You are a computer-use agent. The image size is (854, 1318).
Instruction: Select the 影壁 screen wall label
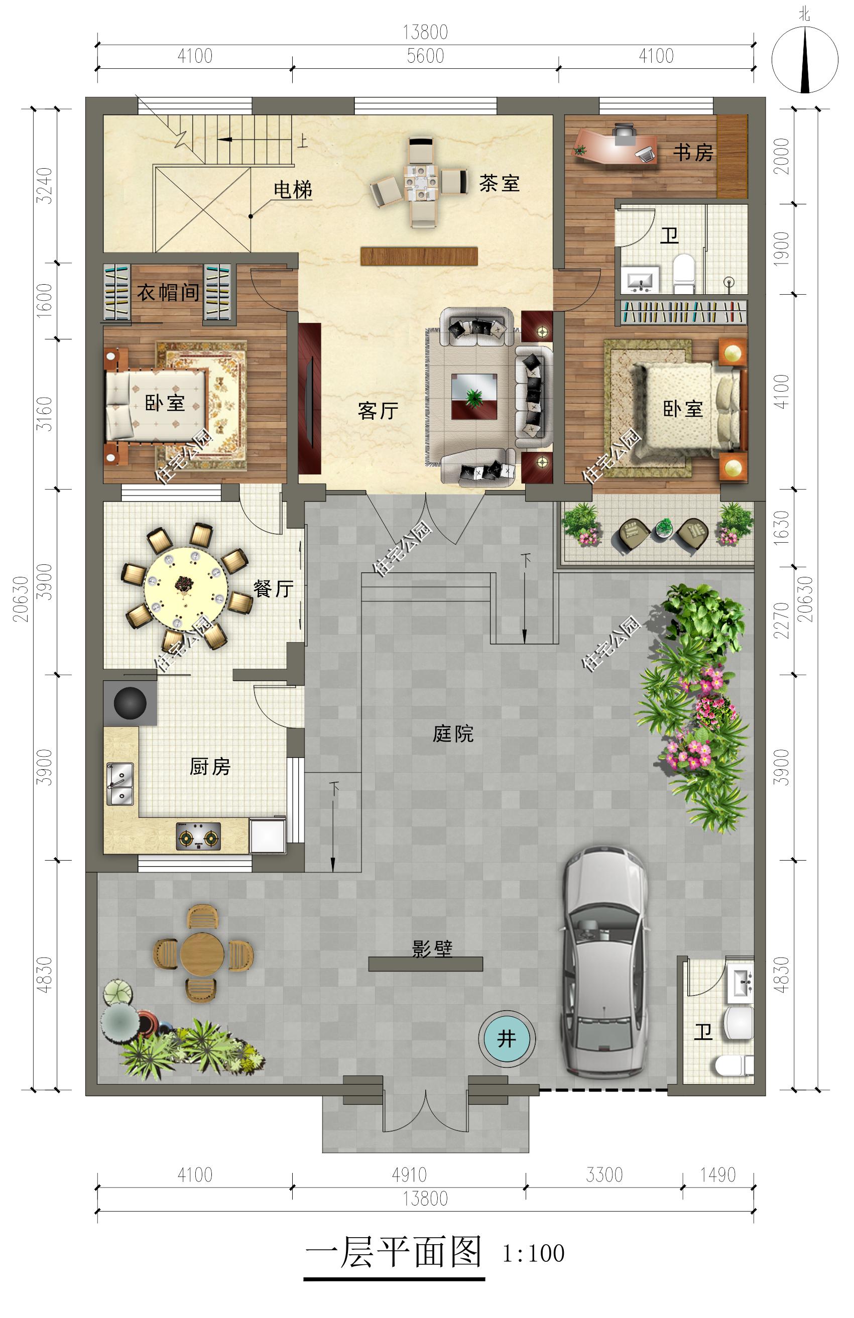(432, 948)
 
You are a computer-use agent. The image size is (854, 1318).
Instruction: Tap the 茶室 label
(500, 183)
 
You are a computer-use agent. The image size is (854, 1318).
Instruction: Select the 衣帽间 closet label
(168, 292)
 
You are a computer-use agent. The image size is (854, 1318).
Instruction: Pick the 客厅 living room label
(378, 411)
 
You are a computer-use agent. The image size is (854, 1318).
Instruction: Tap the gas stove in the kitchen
(198, 836)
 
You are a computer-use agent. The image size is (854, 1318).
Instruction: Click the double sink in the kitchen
(119, 784)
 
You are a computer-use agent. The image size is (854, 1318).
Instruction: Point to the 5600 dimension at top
(425, 56)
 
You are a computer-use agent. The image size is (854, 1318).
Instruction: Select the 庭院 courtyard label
(453, 734)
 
